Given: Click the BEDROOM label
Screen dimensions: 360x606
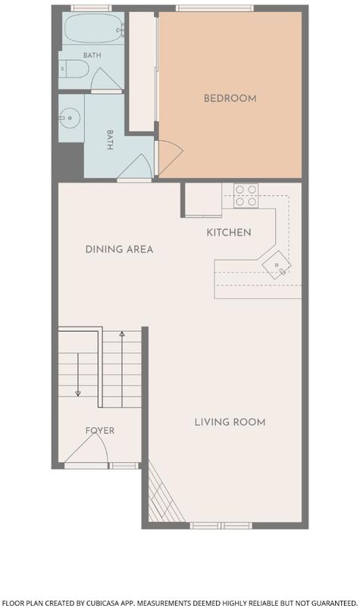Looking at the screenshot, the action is [230, 98].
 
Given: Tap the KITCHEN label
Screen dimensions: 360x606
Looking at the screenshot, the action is [229, 233].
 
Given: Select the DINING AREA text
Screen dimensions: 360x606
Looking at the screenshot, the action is [119, 249].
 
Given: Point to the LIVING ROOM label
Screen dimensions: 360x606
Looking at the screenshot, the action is [230, 422].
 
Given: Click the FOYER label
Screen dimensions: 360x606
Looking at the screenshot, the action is [100, 430].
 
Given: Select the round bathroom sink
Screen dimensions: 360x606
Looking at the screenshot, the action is [70, 117].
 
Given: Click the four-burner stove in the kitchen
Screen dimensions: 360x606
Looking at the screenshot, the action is [246, 195].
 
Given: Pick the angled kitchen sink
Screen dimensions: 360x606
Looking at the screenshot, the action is [277, 264].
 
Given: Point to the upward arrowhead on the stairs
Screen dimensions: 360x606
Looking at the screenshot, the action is [122, 333].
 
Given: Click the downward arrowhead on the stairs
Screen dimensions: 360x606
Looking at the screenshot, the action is [78, 393].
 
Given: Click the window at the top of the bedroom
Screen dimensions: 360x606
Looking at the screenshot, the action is [215, 8].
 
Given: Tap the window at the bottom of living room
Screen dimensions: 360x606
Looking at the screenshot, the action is [221, 526].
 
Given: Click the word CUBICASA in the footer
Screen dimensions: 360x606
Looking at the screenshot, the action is [111, 602].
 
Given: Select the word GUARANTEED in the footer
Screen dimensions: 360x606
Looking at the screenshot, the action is [333, 602].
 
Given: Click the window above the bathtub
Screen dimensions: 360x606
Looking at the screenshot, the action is [91, 8].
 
